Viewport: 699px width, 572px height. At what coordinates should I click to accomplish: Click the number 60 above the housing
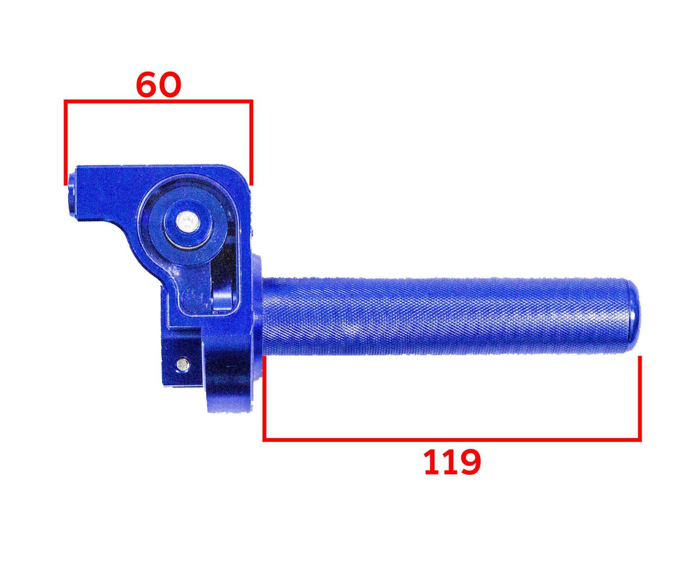[x=159, y=84]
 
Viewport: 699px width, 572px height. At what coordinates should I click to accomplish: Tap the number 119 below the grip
[x=452, y=462]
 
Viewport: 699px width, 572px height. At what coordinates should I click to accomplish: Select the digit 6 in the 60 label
[x=147, y=84]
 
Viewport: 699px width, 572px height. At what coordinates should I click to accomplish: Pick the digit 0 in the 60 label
[x=170, y=84]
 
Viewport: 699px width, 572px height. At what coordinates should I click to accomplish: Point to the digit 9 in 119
[x=469, y=462]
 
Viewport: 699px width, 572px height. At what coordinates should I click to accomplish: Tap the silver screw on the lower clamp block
[x=182, y=365]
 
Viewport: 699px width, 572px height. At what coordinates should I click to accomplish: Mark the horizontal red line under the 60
[x=159, y=101]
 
